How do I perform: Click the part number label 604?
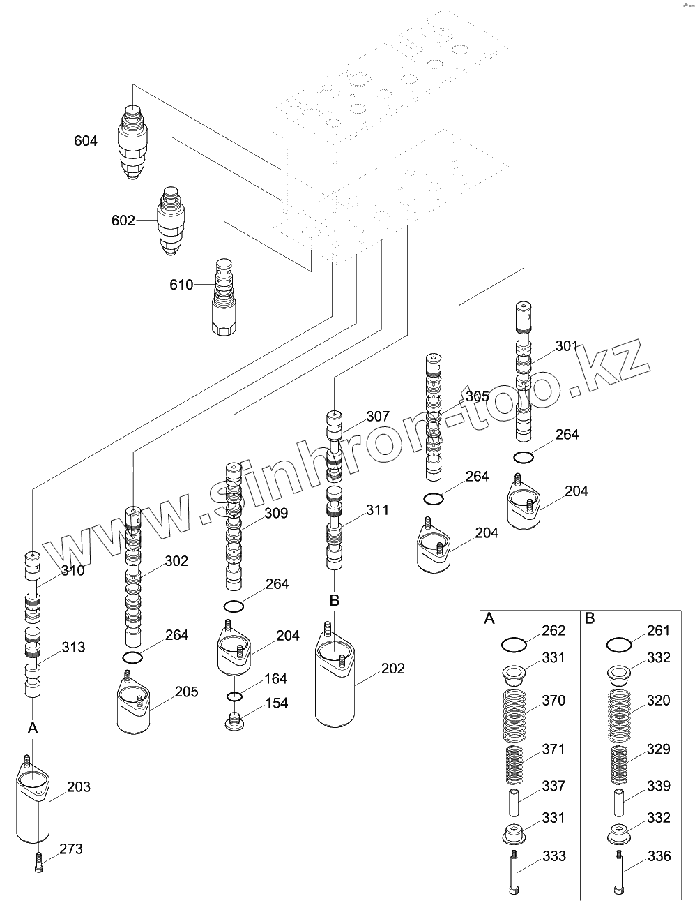pos(86,141)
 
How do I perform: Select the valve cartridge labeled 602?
pos(171,221)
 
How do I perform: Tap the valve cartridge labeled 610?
pos(224,297)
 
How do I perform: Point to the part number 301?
pos(566,345)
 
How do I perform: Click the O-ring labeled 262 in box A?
pos(514,645)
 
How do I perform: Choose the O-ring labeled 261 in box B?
pos(619,645)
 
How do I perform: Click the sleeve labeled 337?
pos(514,803)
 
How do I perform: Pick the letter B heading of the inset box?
pos(590,619)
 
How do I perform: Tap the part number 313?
pos(73,647)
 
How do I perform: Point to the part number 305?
pos(478,396)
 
